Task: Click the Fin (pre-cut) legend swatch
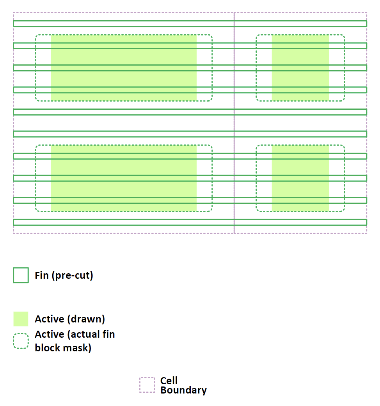(21, 275)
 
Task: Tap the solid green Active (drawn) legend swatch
(21, 319)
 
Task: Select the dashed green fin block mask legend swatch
(21, 341)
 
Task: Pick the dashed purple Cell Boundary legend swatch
(147, 385)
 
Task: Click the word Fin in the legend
(41, 275)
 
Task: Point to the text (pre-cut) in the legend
(71, 275)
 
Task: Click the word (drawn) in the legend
(86, 319)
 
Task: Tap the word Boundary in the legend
(183, 390)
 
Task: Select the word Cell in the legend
(169, 381)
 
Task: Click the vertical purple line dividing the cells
(234, 123)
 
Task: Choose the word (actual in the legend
(82, 335)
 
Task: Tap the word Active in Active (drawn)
(49, 319)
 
